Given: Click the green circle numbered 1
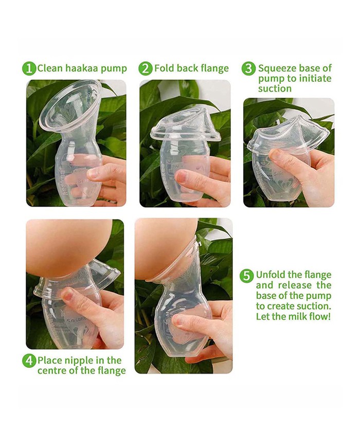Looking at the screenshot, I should click(29, 68).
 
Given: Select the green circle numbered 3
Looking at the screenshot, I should click(249, 68).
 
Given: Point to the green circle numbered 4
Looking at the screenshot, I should click(29, 361).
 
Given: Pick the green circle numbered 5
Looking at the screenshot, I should click(247, 276).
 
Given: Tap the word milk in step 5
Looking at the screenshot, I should click(300, 316).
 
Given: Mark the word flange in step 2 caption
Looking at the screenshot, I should click(213, 68).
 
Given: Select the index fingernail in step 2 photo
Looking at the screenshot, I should click(182, 177).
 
